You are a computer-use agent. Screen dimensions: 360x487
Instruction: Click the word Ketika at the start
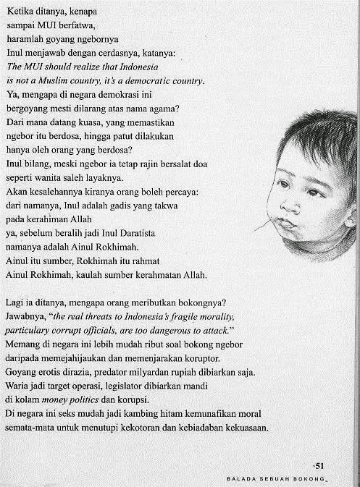[20, 12]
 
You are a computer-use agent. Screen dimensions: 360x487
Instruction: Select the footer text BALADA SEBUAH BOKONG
[276, 478]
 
